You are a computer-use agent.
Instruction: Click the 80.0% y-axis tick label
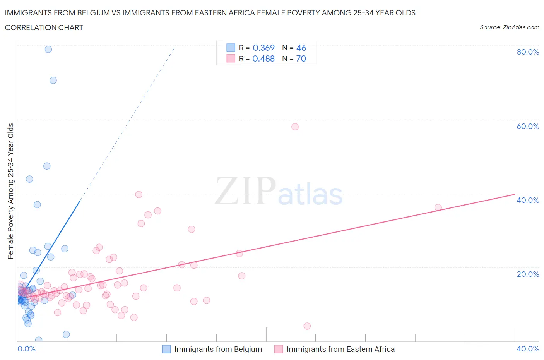pyautogui.click(x=528, y=52)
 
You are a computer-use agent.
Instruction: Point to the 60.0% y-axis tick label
pyautogui.click(x=528, y=126)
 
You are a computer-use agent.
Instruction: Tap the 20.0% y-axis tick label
pyautogui.click(x=528, y=274)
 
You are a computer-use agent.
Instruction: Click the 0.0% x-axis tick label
pyautogui.click(x=26, y=349)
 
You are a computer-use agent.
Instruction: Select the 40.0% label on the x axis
pyautogui.click(x=528, y=349)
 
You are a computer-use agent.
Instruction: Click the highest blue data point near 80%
pyautogui.click(x=48, y=49)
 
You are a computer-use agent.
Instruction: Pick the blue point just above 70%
pyautogui.click(x=53, y=80)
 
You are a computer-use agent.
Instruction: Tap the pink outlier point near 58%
pyautogui.click(x=295, y=127)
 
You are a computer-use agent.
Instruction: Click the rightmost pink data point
pyautogui.click(x=438, y=207)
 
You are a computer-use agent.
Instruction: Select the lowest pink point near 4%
pyautogui.click(x=307, y=326)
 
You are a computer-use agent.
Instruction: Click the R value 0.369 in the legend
pyautogui.click(x=263, y=48)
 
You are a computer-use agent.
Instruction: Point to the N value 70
pyautogui.click(x=301, y=58)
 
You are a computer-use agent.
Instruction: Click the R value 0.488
pyautogui.click(x=263, y=58)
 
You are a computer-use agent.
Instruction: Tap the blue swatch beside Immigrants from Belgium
pyautogui.click(x=166, y=349)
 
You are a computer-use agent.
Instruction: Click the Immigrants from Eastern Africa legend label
pyautogui.click(x=340, y=349)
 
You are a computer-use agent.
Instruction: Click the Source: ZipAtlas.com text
pyautogui.click(x=509, y=27)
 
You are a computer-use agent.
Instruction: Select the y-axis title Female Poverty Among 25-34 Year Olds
pyautogui.click(x=10, y=191)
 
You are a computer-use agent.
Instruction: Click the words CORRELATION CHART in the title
pyautogui.click(x=44, y=27)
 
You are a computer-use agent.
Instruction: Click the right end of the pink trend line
pyautogui.click(x=514, y=194)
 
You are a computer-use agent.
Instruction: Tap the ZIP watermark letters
pyautogui.click(x=245, y=191)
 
